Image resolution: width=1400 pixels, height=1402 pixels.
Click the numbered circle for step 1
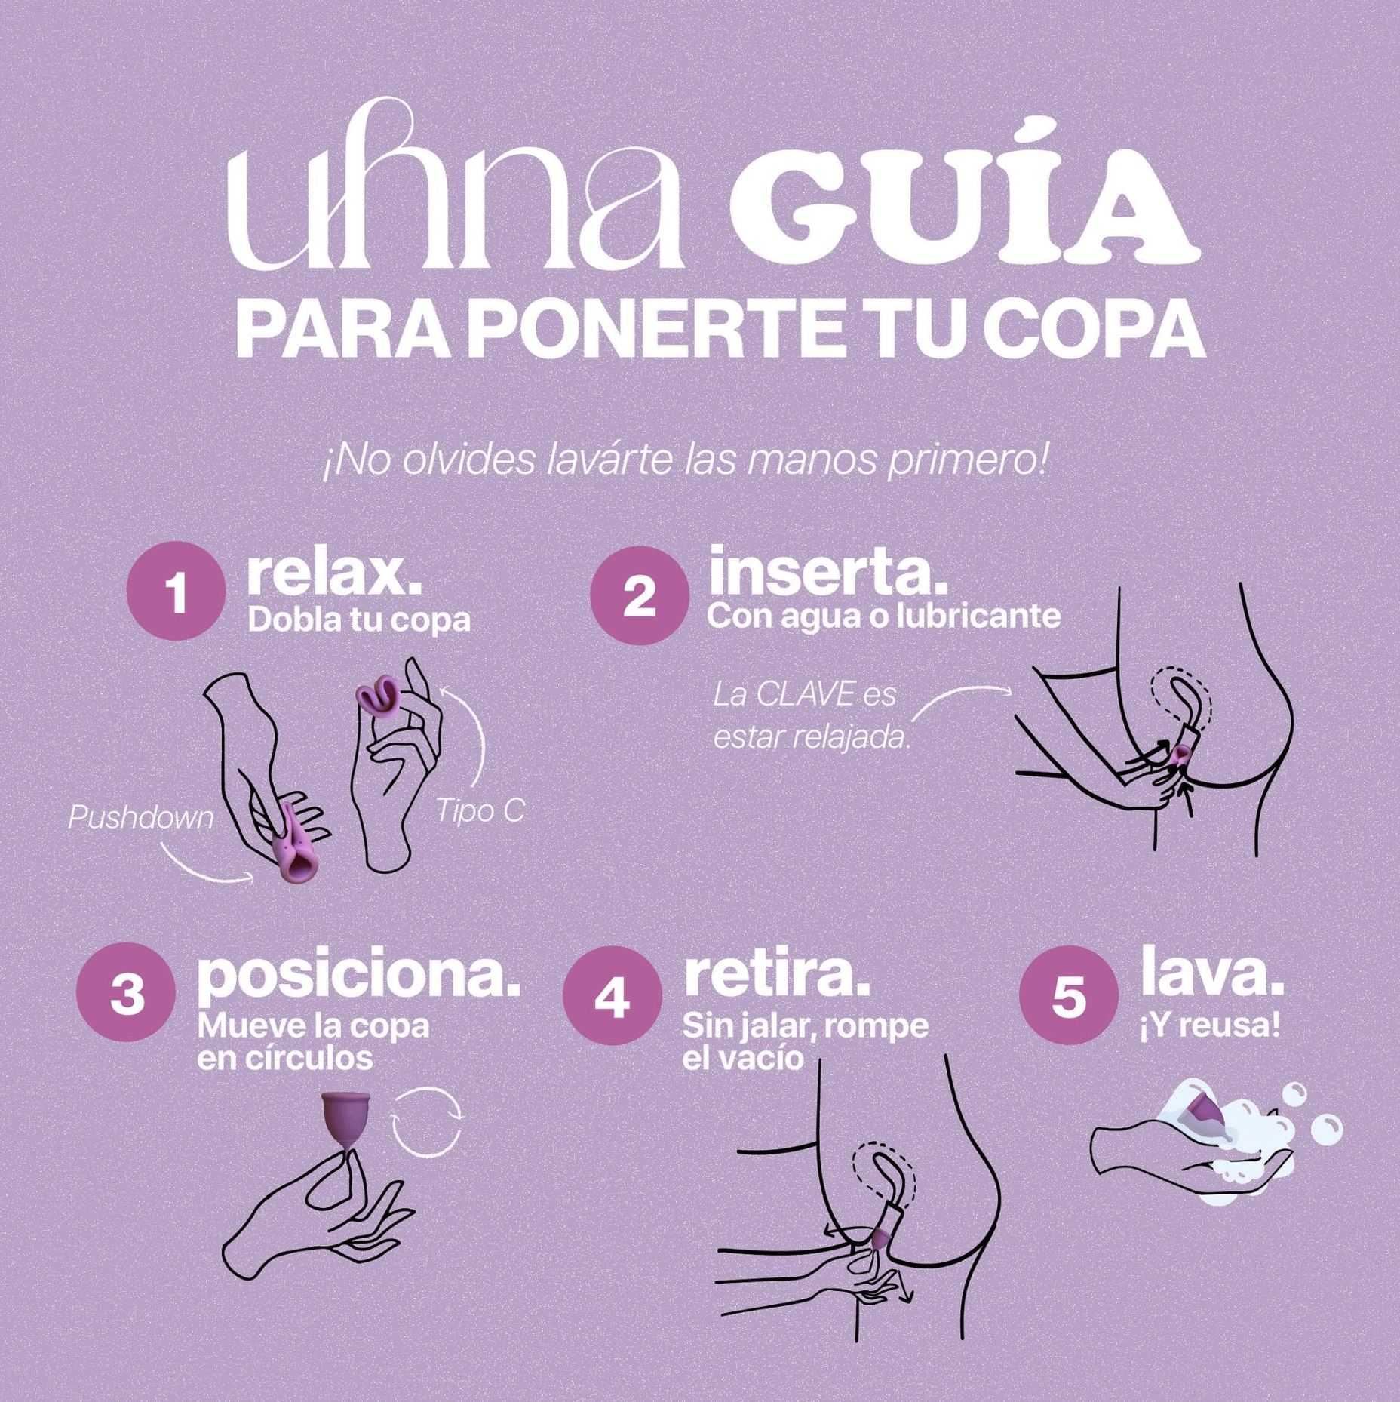click(x=176, y=591)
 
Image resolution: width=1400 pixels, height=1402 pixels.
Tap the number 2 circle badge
click(x=640, y=595)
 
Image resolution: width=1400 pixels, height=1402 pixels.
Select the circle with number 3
click(x=126, y=993)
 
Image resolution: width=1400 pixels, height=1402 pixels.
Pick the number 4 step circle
click(x=612, y=995)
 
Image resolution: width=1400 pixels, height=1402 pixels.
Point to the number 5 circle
click(x=1069, y=995)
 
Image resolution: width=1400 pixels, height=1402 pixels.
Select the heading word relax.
click(x=333, y=574)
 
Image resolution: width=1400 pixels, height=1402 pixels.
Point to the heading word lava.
click(x=1212, y=972)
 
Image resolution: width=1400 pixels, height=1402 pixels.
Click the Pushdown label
click(x=141, y=818)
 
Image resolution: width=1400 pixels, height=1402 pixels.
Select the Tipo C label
click(x=480, y=811)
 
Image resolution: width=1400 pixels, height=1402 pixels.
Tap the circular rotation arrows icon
click(x=426, y=1122)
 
